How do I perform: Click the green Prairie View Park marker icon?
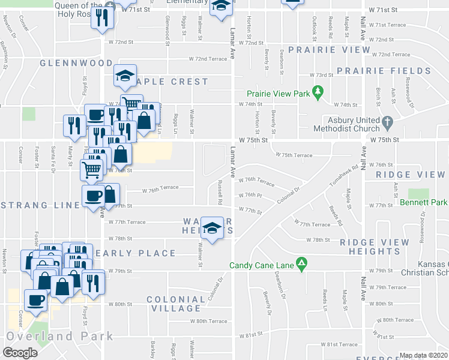tap(319, 94)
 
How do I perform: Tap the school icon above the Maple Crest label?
tap(125, 76)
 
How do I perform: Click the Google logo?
tap(20, 353)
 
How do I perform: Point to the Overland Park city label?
tap(59, 336)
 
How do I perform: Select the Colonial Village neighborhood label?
tap(175, 304)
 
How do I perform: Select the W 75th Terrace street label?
tap(294, 155)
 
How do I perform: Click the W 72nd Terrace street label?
tap(207, 59)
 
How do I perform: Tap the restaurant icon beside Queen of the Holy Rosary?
tap(100, 19)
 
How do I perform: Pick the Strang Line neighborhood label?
tap(40, 205)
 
